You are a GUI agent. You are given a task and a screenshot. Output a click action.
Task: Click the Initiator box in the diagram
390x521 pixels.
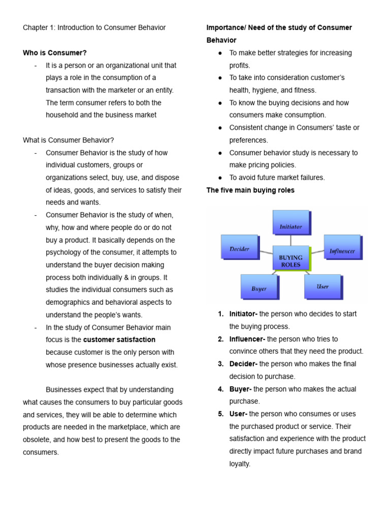tap(290, 222)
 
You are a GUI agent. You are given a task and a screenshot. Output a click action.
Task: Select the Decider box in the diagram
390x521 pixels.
tap(239, 247)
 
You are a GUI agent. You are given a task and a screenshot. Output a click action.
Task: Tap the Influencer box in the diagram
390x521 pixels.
tap(342, 247)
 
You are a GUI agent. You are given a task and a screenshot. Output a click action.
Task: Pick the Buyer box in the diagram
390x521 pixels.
tap(258, 286)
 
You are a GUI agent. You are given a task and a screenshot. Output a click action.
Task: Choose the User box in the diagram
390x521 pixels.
tap(322, 286)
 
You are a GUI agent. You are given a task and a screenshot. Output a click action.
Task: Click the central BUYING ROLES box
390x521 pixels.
tap(290, 258)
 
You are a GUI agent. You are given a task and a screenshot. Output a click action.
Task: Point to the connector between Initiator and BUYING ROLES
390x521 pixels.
tap(290, 240)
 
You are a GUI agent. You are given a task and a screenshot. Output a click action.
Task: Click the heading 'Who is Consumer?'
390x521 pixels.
tap(55, 53)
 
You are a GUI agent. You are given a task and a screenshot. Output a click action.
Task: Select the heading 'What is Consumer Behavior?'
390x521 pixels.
tap(69, 140)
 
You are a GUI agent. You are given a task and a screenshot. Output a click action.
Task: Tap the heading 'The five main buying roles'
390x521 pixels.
tap(250, 190)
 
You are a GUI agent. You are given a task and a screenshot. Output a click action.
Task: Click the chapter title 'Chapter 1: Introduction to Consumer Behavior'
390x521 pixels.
tap(94, 28)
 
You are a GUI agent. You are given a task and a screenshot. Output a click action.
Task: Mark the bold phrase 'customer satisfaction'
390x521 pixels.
tap(119, 340)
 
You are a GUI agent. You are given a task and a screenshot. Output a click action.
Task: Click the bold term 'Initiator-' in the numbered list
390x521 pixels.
tap(243, 314)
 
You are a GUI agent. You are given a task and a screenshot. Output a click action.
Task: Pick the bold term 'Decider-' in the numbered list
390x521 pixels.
tap(243, 364)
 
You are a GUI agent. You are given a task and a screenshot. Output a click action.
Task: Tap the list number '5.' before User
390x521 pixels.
tap(221, 414)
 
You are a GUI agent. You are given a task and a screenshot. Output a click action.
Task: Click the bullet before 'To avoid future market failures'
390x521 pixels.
tap(220, 178)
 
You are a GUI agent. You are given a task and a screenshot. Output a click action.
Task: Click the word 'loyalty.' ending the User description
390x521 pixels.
tap(240, 464)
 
